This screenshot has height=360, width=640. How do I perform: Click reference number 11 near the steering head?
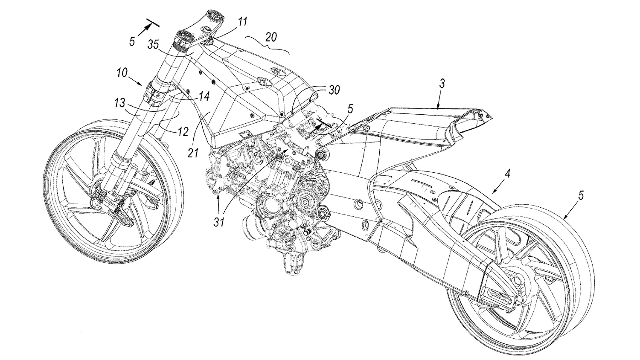pos(242,21)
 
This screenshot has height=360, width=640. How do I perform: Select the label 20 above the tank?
pos(271,38)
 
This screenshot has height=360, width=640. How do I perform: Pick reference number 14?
pos(204,97)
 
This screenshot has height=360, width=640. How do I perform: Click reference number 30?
pos(335,90)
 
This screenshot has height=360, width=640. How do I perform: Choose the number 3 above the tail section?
pos(442,84)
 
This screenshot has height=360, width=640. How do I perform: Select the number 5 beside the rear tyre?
pos(582,196)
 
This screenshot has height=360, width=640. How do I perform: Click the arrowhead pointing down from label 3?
pos(439,107)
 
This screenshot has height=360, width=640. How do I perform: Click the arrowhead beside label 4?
pos(490,191)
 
